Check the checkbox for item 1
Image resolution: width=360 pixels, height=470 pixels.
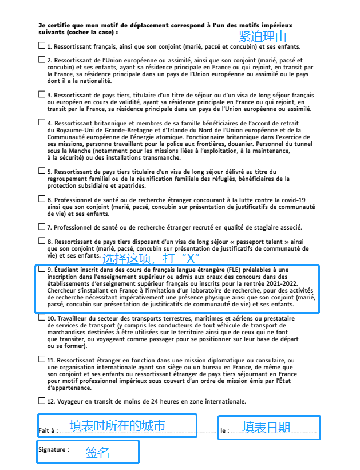[42, 45]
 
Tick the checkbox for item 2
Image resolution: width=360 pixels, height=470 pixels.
[42, 58]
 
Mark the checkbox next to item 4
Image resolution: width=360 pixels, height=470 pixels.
[42, 121]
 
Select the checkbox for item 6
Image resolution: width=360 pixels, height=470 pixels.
[42, 199]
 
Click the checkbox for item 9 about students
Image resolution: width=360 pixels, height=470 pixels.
[42, 268]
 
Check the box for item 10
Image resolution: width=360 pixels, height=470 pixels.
[42, 317]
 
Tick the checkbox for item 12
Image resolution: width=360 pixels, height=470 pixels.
[42, 400]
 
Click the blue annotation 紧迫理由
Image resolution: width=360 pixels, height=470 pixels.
[263, 37]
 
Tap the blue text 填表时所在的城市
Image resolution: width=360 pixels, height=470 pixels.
[117, 425]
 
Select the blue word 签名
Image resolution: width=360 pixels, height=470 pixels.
[97, 452]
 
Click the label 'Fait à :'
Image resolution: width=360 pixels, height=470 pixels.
[48, 430]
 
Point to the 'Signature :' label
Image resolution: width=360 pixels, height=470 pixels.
[54, 450]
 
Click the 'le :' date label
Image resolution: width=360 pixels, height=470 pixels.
[225, 430]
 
